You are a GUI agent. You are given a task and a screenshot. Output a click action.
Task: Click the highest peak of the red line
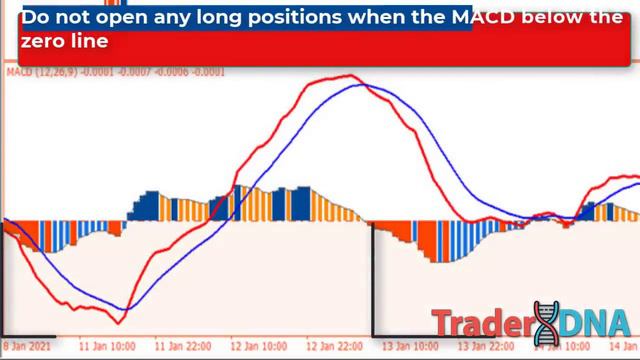pyautogui.click(x=346, y=76)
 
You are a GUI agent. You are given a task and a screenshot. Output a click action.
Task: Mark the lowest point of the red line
pyautogui.click(x=118, y=322)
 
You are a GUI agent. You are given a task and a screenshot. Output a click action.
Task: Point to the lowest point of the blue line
pyautogui.click(x=126, y=310)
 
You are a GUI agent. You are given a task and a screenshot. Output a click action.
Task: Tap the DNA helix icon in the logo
pyautogui.click(x=546, y=320)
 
